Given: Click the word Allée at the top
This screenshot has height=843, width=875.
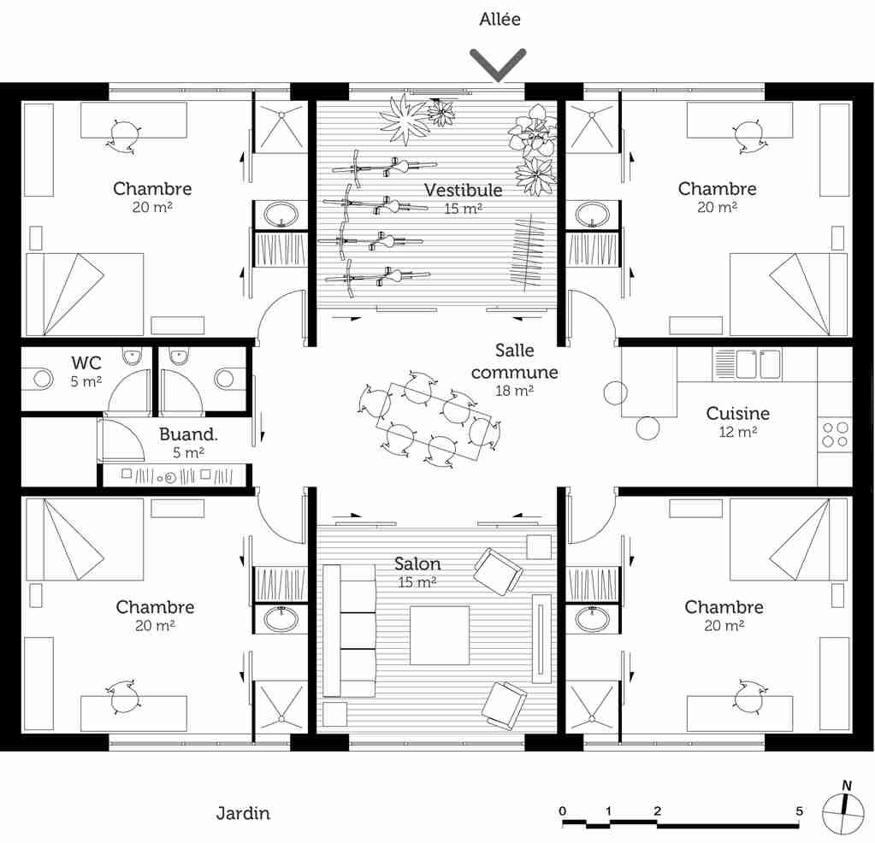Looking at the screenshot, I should [500, 19].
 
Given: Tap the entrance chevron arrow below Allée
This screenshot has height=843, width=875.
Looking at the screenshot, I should [498, 65].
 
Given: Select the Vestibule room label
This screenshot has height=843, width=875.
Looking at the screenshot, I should [463, 189].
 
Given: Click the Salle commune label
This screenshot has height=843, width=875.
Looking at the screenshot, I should [514, 362].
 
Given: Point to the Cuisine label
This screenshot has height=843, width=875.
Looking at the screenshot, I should [737, 414].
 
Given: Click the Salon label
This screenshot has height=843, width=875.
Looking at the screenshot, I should [417, 564].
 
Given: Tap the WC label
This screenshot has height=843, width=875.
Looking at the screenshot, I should [86, 363].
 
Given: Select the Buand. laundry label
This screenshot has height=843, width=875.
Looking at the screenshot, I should [188, 434].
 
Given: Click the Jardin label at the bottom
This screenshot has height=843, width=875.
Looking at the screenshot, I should [243, 813].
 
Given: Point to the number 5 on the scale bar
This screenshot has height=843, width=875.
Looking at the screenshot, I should [799, 811].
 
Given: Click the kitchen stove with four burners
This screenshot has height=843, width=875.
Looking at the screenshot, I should [835, 434].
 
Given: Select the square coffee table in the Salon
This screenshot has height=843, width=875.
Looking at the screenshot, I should [440, 635].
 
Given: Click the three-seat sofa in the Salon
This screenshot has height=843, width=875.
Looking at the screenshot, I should [349, 631].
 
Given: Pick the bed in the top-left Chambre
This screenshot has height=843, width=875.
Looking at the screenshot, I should [84, 294].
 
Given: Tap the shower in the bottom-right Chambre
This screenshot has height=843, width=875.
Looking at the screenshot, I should [593, 706].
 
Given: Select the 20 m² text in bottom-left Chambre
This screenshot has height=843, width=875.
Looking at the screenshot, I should [155, 626].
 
